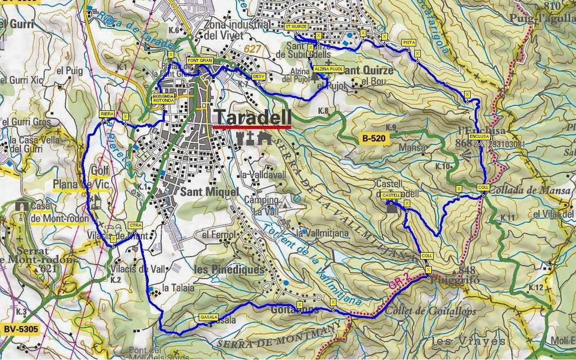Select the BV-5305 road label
coord(20,330)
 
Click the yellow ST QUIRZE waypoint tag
coord(296,26)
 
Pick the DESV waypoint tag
coord(258,76)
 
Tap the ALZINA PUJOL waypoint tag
coord(328,69)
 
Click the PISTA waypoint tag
coord(409,43)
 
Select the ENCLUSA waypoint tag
coord(479,136)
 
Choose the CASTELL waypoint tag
coord(391,195)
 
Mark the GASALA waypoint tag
coord(208,317)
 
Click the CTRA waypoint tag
coord(135,225)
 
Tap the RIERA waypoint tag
coord(107,114)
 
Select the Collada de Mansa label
coord(530,190)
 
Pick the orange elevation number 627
coord(253,48)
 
